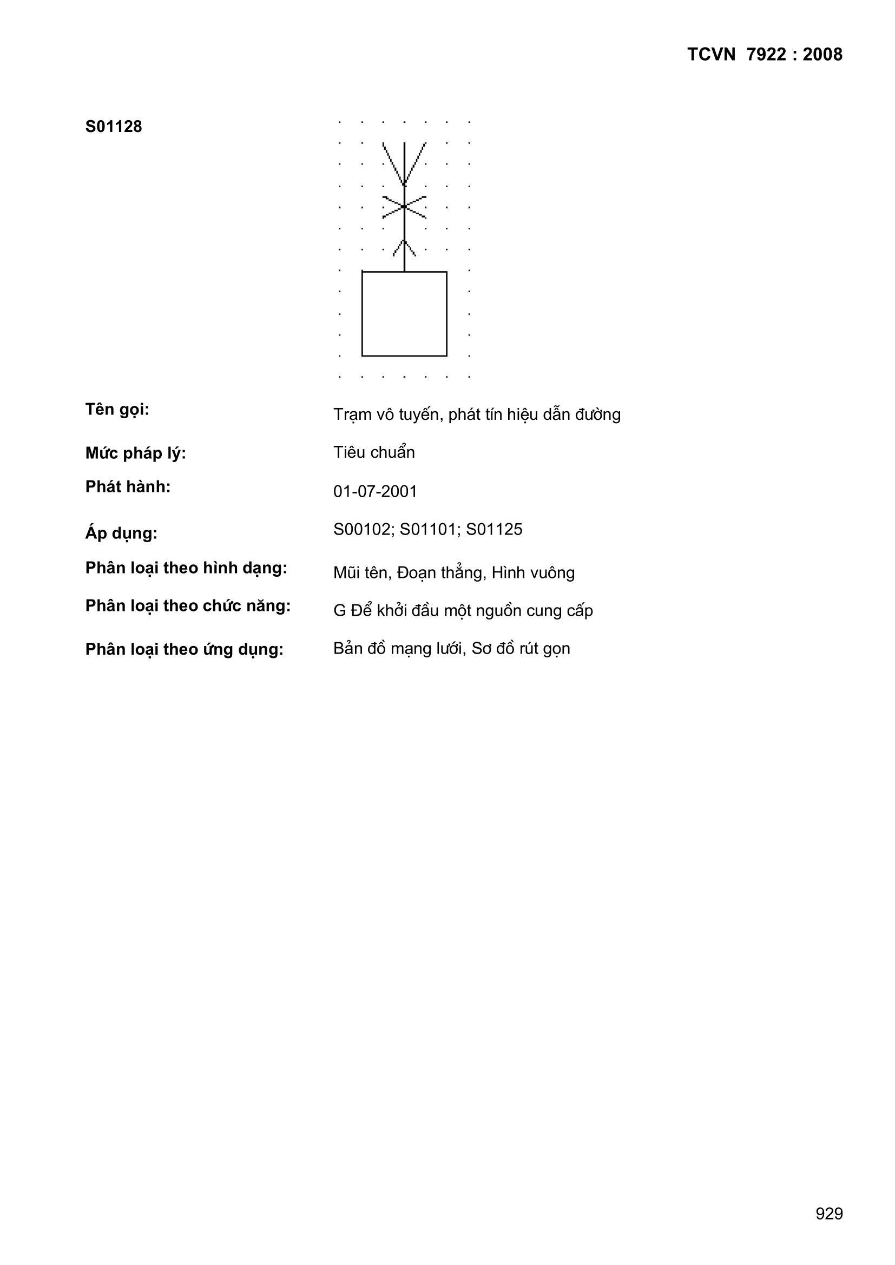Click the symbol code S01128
click(x=114, y=127)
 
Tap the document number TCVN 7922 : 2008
click(x=765, y=55)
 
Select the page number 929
click(x=829, y=1213)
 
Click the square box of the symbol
click(x=404, y=313)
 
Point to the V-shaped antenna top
click(x=404, y=162)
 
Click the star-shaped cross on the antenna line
click(x=404, y=207)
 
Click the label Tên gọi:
click(x=117, y=410)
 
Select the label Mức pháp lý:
click(x=136, y=453)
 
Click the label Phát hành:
click(x=128, y=487)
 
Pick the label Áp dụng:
click(x=121, y=533)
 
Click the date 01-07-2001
click(x=375, y=491)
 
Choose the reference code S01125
click(x=494, y=530)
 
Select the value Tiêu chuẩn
click(x=374, y=452)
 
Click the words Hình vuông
click(x=533, y=573)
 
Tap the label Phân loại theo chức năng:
click(x=187, y=606)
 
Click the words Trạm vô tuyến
click(x=387, y=414)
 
